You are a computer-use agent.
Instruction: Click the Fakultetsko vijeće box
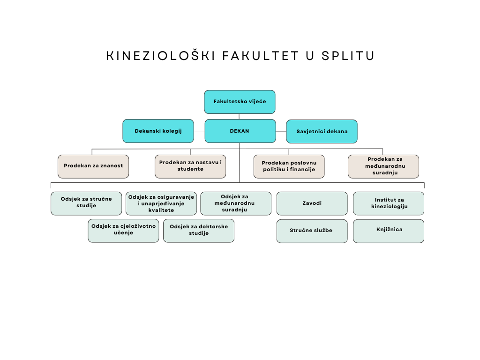(x=240, y=102)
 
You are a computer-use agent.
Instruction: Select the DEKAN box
(x=240, y=131)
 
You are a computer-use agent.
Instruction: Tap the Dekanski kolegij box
(x=158, y=131)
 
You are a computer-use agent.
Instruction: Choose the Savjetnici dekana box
(x=322, y=131)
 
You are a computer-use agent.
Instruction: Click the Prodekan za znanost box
(x=93, y=166)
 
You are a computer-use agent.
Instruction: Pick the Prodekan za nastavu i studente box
(x=190, y=166)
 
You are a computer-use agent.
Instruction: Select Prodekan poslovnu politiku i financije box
(x=289, y=166)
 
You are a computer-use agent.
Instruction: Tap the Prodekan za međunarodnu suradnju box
(x=383, y=166)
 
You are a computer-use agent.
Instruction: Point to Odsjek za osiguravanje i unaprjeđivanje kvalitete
(x=161, y=203)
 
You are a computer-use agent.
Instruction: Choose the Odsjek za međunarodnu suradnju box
(x=235, y=203)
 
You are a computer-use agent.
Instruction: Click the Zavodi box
(x=312, y=203)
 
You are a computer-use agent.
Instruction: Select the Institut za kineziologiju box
(x=389, y=203)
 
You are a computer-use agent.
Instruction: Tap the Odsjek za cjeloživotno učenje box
(x=123, y=231)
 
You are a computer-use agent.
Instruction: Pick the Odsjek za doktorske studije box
(x=199, y=231)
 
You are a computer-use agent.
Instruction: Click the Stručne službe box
(x=312, y=231)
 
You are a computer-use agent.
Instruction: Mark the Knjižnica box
(x=389, y=231)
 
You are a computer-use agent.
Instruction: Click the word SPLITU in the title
(x=349, y=56)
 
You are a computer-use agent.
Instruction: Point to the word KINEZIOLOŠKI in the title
(x=161, y=56)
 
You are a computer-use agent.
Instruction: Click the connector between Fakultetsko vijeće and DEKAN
(x=240, y=116)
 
